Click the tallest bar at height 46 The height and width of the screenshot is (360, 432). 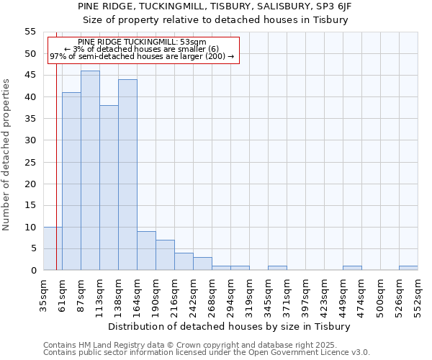[90, 171]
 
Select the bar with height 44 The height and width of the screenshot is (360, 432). [127, 175]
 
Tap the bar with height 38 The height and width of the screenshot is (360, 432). [109, 188]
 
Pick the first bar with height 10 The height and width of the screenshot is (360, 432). [53, 248]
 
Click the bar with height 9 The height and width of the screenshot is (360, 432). [146, 251]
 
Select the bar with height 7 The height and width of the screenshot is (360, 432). [165, 255]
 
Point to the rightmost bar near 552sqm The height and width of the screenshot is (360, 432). [408, 268]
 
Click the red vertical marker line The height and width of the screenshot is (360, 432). [56, 144]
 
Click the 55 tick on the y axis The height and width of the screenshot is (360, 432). [30, 32]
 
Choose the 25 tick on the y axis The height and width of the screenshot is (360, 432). [30, 162]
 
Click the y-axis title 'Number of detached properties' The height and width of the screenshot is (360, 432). [7, 155]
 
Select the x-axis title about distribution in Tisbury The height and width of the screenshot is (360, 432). [233, 326]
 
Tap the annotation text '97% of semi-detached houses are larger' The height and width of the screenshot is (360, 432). [142, 56]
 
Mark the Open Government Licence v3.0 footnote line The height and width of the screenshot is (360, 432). [207, 353]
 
